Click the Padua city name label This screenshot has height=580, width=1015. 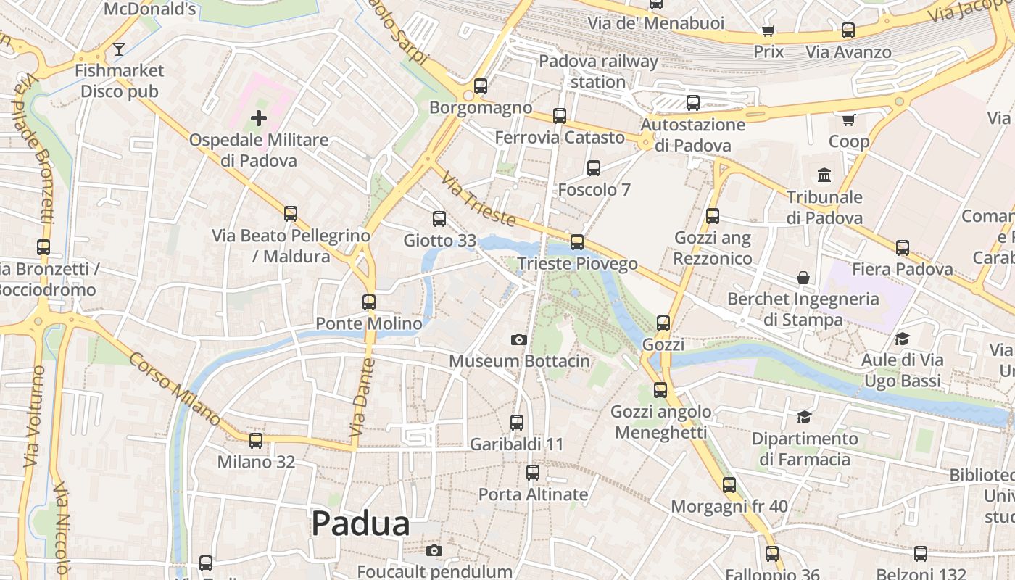coord(360,523)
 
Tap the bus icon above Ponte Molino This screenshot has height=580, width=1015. coord(369,302)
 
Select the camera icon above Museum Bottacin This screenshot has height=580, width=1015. coord(518,339)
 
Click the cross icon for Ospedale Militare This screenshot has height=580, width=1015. coord(259,117)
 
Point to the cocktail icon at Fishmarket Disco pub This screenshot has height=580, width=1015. coord(119,49)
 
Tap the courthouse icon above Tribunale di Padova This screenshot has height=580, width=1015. coord(824,175)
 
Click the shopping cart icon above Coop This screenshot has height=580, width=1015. coord(849,119)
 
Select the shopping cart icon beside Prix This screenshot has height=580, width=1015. coord(768,30)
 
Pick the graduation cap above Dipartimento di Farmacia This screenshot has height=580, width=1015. coord(804,417)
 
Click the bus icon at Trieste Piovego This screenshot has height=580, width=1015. coord(577,241)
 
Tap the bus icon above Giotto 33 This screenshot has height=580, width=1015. coord(439,218)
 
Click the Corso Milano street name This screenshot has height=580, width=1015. coord(175,389)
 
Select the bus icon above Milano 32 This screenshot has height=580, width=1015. coord(256,440)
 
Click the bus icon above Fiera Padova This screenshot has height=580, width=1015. coord(903,247)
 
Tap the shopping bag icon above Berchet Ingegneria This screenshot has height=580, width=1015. coord(803,277)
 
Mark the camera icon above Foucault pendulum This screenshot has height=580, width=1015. coord(434,550)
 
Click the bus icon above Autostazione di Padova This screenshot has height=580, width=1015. coord(693,102)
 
